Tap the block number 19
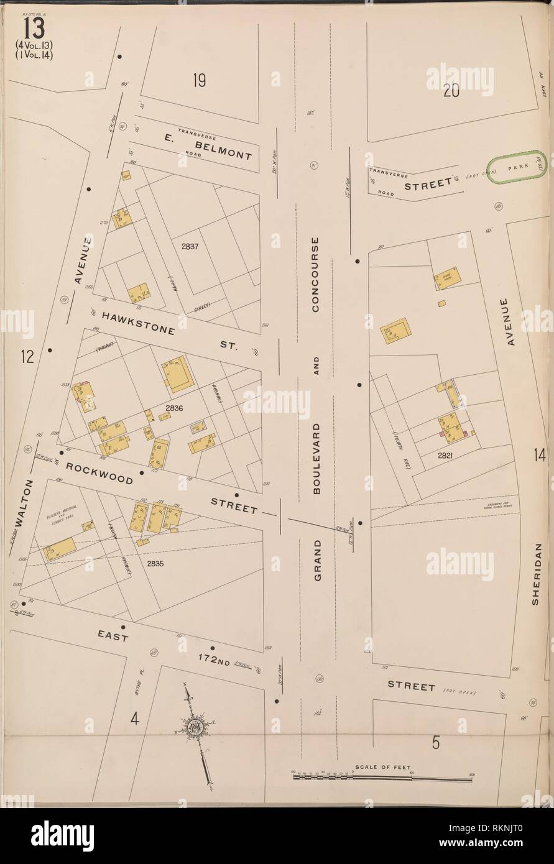(199, 80)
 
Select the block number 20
(451, 91)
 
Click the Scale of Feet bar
(382, 776)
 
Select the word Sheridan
(538, 573)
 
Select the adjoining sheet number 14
(538, 457)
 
